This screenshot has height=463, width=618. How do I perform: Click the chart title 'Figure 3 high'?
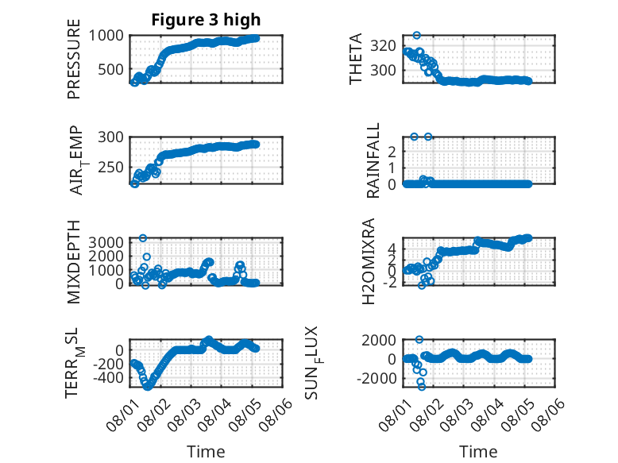coord(206,20)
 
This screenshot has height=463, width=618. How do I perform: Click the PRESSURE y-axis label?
coord(74,59)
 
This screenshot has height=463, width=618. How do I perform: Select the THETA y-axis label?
coord(356,59)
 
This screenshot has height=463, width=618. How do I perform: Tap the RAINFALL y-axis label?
coord(373,160)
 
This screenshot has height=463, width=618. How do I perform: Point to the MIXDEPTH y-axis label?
coord(74,262)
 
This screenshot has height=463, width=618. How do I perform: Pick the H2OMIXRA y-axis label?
coord(368,261)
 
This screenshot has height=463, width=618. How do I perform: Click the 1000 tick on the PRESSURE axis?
coord(106,36)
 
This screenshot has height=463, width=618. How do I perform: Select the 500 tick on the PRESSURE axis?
coord(110,69)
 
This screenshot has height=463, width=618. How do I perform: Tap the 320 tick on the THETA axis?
coord(383,46)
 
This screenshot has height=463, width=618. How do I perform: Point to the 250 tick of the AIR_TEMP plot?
coord(110,167)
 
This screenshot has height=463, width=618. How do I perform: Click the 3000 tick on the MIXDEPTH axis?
coord(106,241)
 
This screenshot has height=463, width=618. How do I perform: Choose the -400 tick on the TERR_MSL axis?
coord(108,377)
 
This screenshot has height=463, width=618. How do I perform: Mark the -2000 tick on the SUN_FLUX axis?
coord(377,378)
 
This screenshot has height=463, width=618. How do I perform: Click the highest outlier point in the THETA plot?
coord(416,36)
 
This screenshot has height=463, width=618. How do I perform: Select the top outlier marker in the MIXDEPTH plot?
coord(143,238)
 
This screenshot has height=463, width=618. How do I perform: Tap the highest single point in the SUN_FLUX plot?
coord(419,339)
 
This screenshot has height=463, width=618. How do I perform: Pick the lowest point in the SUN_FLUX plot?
coord(422,387)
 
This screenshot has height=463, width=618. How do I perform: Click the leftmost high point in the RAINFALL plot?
coord(414,137)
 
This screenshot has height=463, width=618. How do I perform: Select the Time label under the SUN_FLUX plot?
coord(478,452)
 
